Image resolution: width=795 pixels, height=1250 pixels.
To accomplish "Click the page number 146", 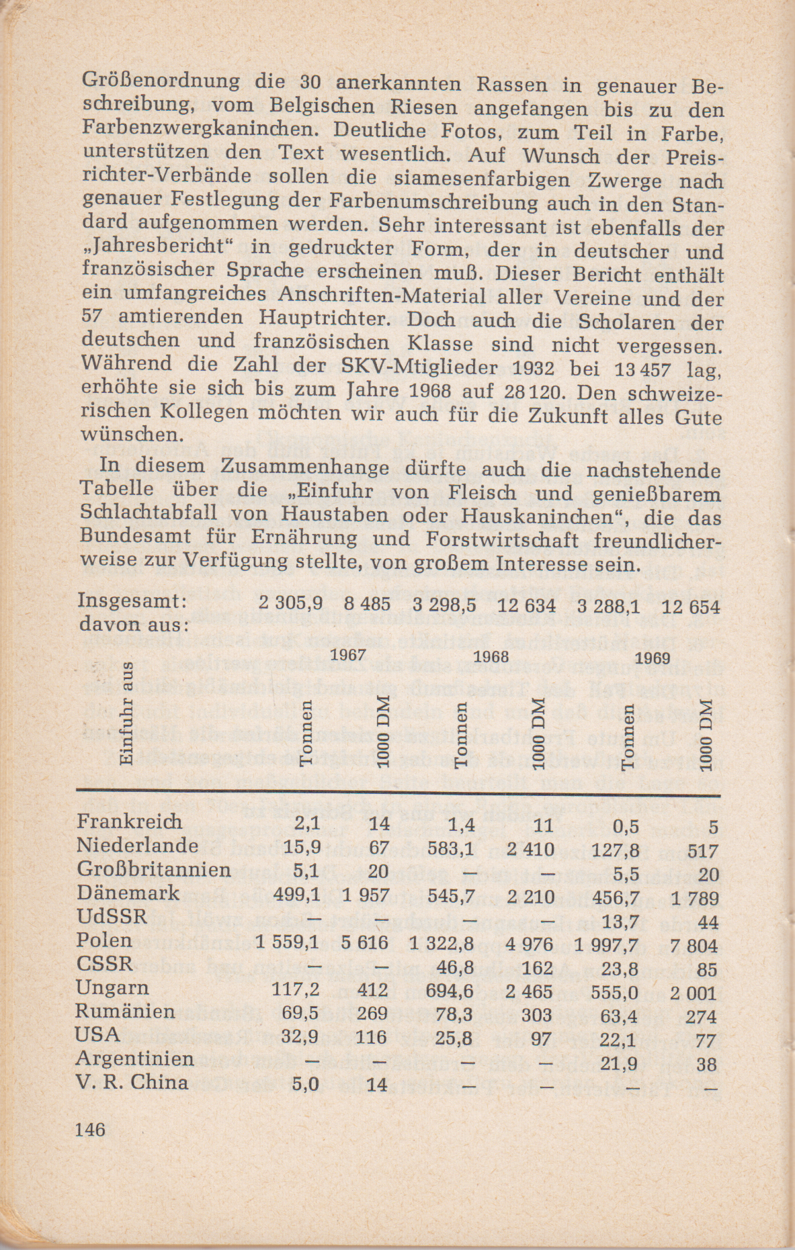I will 91,1129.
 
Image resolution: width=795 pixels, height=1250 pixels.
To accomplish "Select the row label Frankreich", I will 129,821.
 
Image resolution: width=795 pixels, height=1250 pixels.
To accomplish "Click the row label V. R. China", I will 132,1082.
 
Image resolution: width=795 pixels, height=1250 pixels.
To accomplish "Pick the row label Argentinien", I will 135,1059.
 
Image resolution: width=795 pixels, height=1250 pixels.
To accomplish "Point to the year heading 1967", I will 349,654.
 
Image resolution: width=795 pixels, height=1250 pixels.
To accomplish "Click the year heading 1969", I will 653,658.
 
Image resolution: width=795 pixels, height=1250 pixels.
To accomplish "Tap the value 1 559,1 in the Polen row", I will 287,943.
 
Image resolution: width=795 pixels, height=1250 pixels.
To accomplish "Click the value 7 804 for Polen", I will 694,946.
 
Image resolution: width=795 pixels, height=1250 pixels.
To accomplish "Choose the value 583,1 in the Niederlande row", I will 451,848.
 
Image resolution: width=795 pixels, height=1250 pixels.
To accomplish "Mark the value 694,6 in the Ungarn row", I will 450,991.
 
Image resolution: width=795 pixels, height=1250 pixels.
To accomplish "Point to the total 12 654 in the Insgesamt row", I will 690,607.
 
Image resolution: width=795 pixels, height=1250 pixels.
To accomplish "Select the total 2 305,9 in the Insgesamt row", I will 290,603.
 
